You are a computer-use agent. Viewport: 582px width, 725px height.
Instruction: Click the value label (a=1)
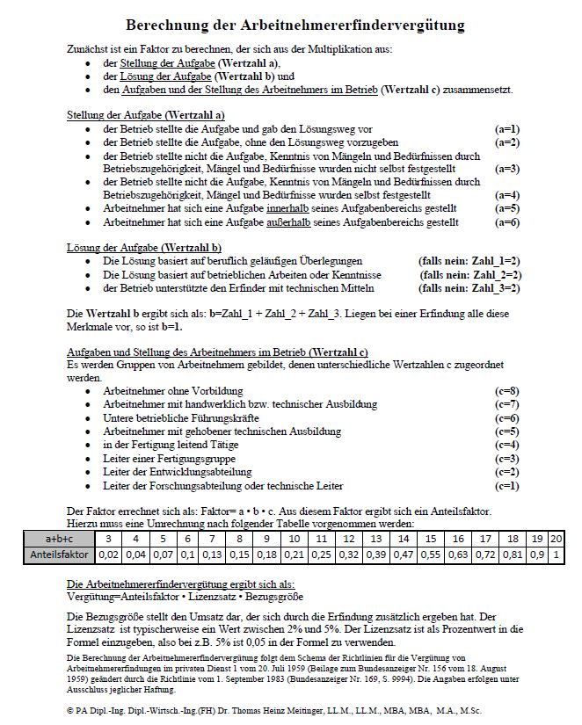point(507,128)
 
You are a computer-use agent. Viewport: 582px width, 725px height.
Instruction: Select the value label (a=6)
point(507,223)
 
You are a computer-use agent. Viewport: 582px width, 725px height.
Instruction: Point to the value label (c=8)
point(507,390)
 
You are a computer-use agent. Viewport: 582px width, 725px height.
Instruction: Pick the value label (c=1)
point(507,486)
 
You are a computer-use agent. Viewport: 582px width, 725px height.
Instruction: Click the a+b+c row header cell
point(60,538)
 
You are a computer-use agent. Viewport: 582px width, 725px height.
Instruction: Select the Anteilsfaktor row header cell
point(60,555)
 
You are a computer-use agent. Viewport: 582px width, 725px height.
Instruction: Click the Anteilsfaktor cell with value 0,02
point(108,555)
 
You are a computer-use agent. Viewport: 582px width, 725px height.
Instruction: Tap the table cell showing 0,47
point(403,555)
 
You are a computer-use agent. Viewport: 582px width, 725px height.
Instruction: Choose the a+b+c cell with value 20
point(556,538)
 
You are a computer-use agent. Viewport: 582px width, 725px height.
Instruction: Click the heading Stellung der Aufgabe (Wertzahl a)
point(146,115)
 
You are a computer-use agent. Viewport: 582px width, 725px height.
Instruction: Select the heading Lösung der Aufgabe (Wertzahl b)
point(144,249)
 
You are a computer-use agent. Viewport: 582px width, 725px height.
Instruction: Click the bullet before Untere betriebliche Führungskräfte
point(89,419)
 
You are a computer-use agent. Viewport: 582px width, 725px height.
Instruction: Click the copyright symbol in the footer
point(71,709)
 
